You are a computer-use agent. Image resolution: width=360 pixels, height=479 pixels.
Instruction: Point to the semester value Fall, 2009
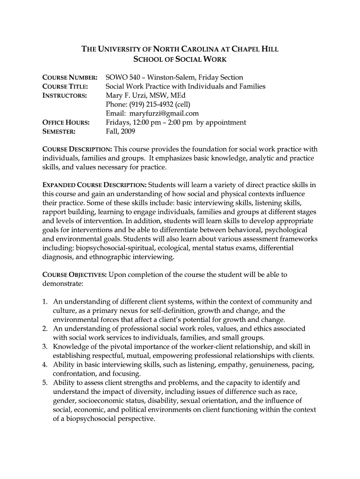coord(120,132)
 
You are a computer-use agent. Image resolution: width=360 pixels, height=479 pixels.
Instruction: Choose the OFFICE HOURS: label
coord(66,123)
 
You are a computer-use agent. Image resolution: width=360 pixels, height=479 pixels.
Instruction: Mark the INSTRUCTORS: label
coord(65,95)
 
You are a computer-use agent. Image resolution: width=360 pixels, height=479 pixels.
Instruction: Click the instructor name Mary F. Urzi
coord(128,95)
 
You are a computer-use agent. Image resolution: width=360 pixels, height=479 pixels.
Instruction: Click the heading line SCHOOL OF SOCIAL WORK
coord(180,59)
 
